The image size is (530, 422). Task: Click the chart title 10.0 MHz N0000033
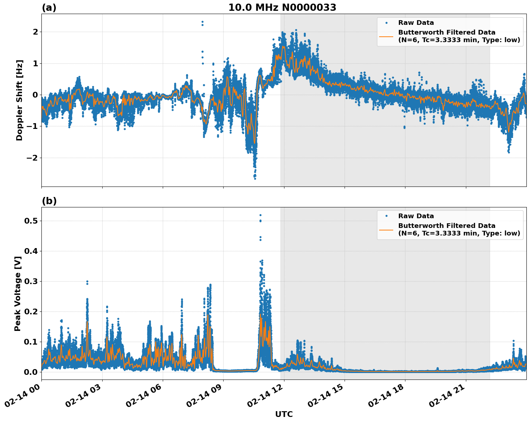pyautogui.click(x=282, y=8)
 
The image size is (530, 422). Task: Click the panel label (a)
pyautogui.click(x=49, y=8)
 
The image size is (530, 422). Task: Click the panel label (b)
pyautogui.click(x=49, y=201)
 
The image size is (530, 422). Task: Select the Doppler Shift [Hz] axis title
pyautogui.click(x=19, y=100)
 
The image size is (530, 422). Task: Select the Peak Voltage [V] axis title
pyautogui.click(x=18, y=293)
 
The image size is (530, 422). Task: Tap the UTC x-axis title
pyautogui.click(x=284, y=414)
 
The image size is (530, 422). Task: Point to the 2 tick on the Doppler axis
pyautogui.click(x=35, y=32)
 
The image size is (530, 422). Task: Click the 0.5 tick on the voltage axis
pyautogui.click(x=31, y=221)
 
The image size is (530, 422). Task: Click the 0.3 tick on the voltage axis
pyautogui.click(x=31, y=281)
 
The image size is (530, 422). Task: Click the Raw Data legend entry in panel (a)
pyautogui.click(x=416, y=23)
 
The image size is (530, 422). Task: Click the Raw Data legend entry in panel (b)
pyautogui.click(x=416, y=216)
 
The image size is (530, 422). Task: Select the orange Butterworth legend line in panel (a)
pyautogui.click(x=386, y=36)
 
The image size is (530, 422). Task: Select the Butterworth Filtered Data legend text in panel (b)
pyautogui.click(x=446, y=226)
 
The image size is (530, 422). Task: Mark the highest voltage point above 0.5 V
pyautogui.click(x=260, y=215)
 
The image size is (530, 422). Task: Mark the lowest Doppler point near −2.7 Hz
pyautogui.click(x=255, y=179)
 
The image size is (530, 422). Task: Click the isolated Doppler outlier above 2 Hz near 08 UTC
pyautogui.click(x=202, y=22)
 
